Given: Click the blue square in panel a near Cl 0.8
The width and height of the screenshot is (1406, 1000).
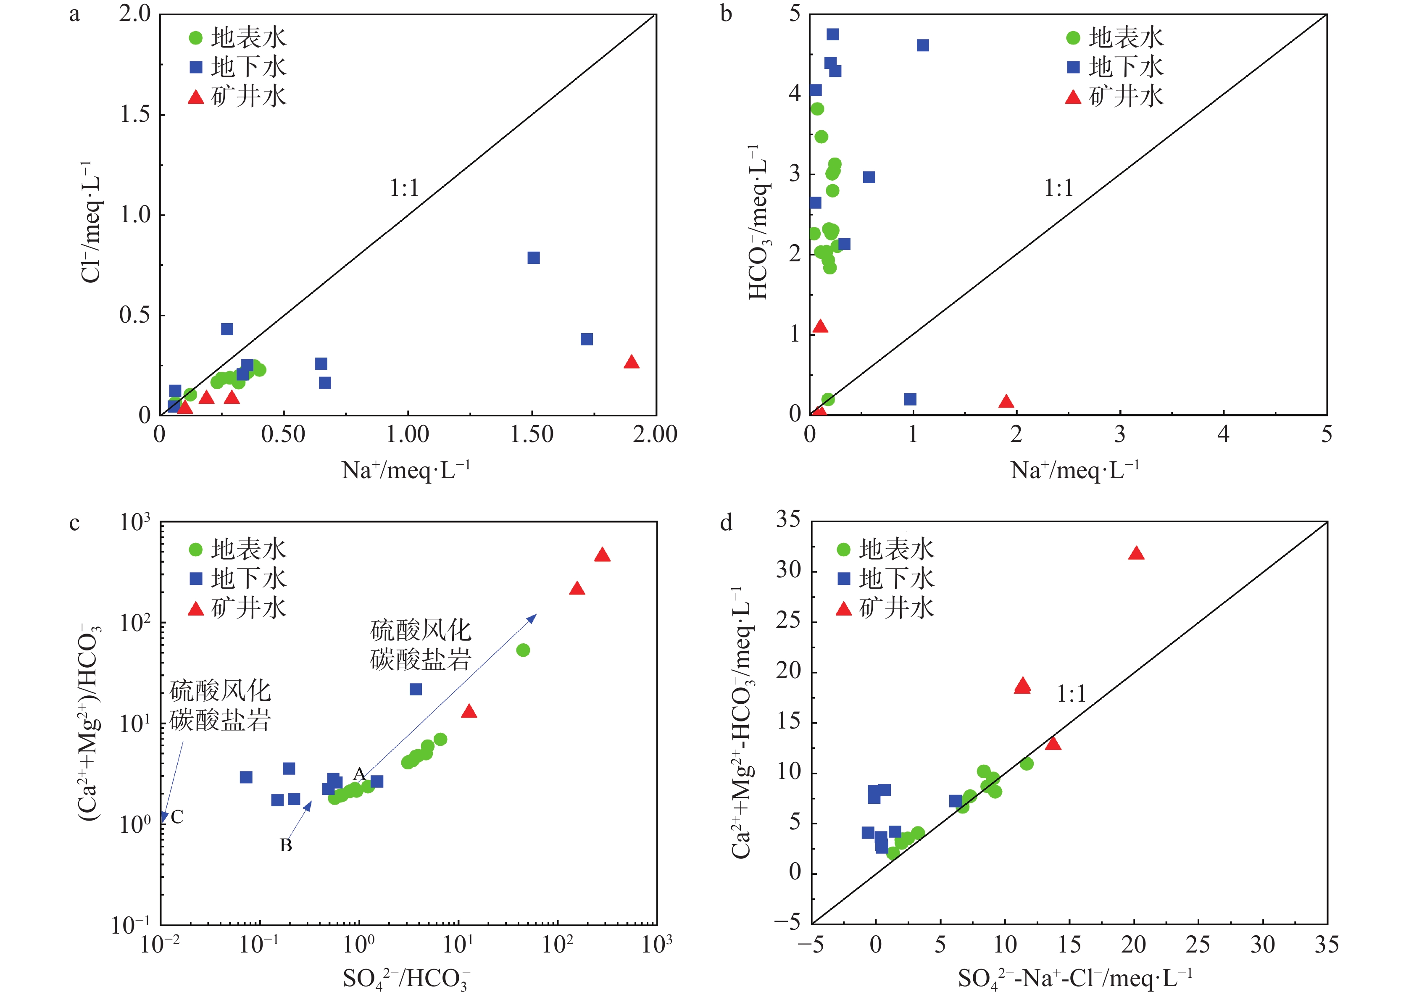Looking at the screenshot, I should coord(533,258).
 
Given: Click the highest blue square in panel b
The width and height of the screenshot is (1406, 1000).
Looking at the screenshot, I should coord(833,34).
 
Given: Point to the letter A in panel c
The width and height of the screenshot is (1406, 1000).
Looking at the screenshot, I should coord(359,774).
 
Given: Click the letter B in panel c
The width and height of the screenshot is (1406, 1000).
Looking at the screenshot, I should coord(286,845).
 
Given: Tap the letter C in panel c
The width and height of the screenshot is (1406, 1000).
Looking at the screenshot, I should coord(177,817).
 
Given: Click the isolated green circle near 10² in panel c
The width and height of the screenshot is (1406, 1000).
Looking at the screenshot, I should coord(523,650).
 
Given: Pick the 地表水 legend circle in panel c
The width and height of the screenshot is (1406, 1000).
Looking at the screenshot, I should coord(196,549).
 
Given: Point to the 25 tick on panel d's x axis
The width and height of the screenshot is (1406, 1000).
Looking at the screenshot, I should coord(1198,945).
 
